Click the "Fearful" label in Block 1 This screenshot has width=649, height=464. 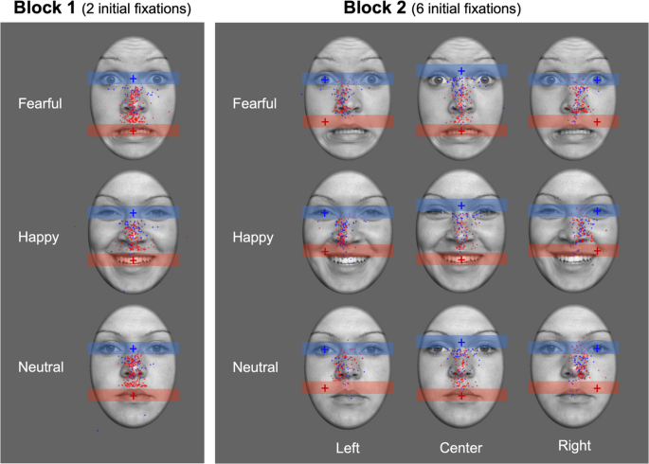pyautogui.click(x=41, y=102)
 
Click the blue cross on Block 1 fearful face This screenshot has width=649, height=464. pyautogui.click(x=134, y=79)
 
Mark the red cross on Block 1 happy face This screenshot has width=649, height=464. pyautogui.click(x=134, y=259)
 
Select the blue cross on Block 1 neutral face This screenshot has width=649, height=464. pyautogui.click(x=134, y=348)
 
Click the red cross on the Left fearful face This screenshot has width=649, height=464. pyautogui.click(x=325, y=122)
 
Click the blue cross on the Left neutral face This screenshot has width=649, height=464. pyautogui.click(x=325, y=349)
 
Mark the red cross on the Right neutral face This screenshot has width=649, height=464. pyautogui.click(x=598, y=387)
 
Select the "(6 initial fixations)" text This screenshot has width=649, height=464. pyautogui.click(x=463, y=9)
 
